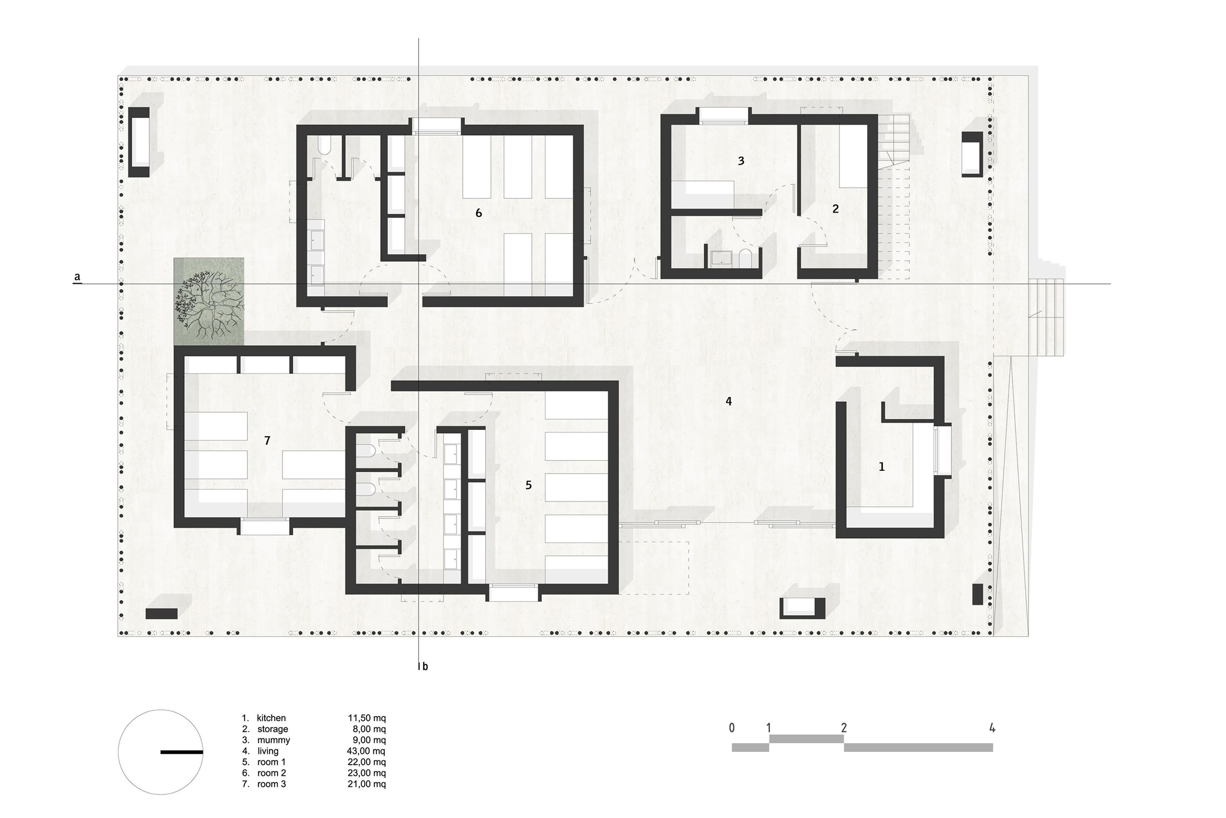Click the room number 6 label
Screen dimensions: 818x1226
(x=479, y=213)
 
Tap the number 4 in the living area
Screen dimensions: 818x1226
(x=729, y=401)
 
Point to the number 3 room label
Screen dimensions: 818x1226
(x=741, y=161)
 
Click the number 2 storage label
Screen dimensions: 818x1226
(x=836, y=209)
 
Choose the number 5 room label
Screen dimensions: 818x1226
(x=528, y=485)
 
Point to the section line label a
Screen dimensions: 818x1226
(x=77, y=276)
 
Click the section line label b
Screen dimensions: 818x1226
(x=425, y=666)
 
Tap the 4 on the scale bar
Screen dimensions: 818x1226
(x=992, y=727)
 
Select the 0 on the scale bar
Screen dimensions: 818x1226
(x=732, y=727)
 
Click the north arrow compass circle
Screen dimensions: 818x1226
(x=161, y=752)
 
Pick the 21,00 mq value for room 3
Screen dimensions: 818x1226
(x=366, y=784)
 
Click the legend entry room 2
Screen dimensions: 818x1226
(x=271, y=773)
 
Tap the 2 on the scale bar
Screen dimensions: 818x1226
(x=843, y=727)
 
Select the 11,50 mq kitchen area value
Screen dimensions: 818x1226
(x=366, y=718)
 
